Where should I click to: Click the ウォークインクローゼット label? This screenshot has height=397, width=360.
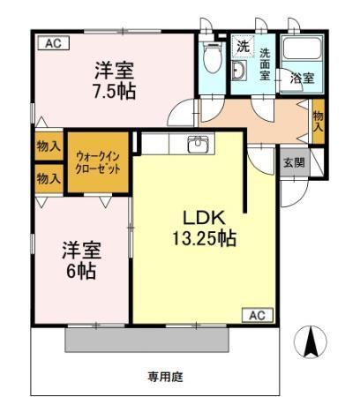point(97,161)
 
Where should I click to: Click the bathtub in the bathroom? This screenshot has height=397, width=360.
point(302,52)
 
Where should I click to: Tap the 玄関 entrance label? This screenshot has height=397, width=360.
point(293,163)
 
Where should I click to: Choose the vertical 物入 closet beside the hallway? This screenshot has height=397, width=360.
point(318,119)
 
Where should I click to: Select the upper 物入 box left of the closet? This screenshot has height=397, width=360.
point(48,146)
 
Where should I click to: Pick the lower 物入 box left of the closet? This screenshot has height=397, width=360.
point(48,177)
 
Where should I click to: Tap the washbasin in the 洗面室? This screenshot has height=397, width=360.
point(238,71)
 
